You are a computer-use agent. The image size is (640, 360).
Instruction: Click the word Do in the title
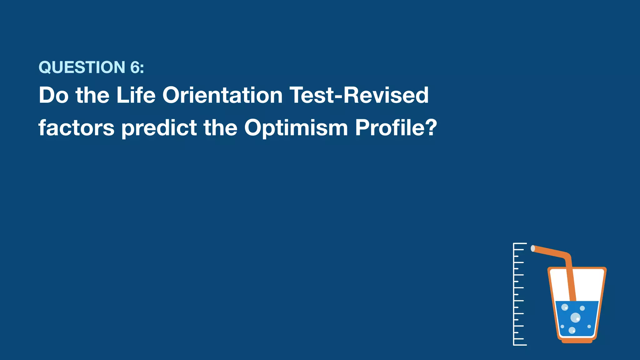pyautogui.click(x=53, y=95)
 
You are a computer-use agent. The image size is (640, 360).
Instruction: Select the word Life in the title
pyautogui.click(x=136, y=95)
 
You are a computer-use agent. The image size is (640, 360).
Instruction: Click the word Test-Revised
pyautogui.click(x=359, y=95)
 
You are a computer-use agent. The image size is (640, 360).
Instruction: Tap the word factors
pyautogui.click(x=77, y=128)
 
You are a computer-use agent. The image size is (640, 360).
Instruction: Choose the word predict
pyautogui.click(x=159, y=128)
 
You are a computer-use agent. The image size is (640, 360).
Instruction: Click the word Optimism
pyautogui.click(x=296, y=128)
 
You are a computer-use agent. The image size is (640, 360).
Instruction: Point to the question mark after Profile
pyautogui.click(x=431, y=128)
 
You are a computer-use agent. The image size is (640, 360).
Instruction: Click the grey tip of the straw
pyautogui.click(x=533, y=248)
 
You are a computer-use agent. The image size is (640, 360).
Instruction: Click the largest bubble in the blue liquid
pyautogui.click(x=575, y=318)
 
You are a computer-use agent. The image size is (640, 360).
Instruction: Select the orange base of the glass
pyautogui.click(x=577, y=341)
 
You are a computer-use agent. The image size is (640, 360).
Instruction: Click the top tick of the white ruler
pyautogui.click(x=520, y=243)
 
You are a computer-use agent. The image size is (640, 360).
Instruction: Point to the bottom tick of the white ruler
pyautogui.click(x=520, y=345)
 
